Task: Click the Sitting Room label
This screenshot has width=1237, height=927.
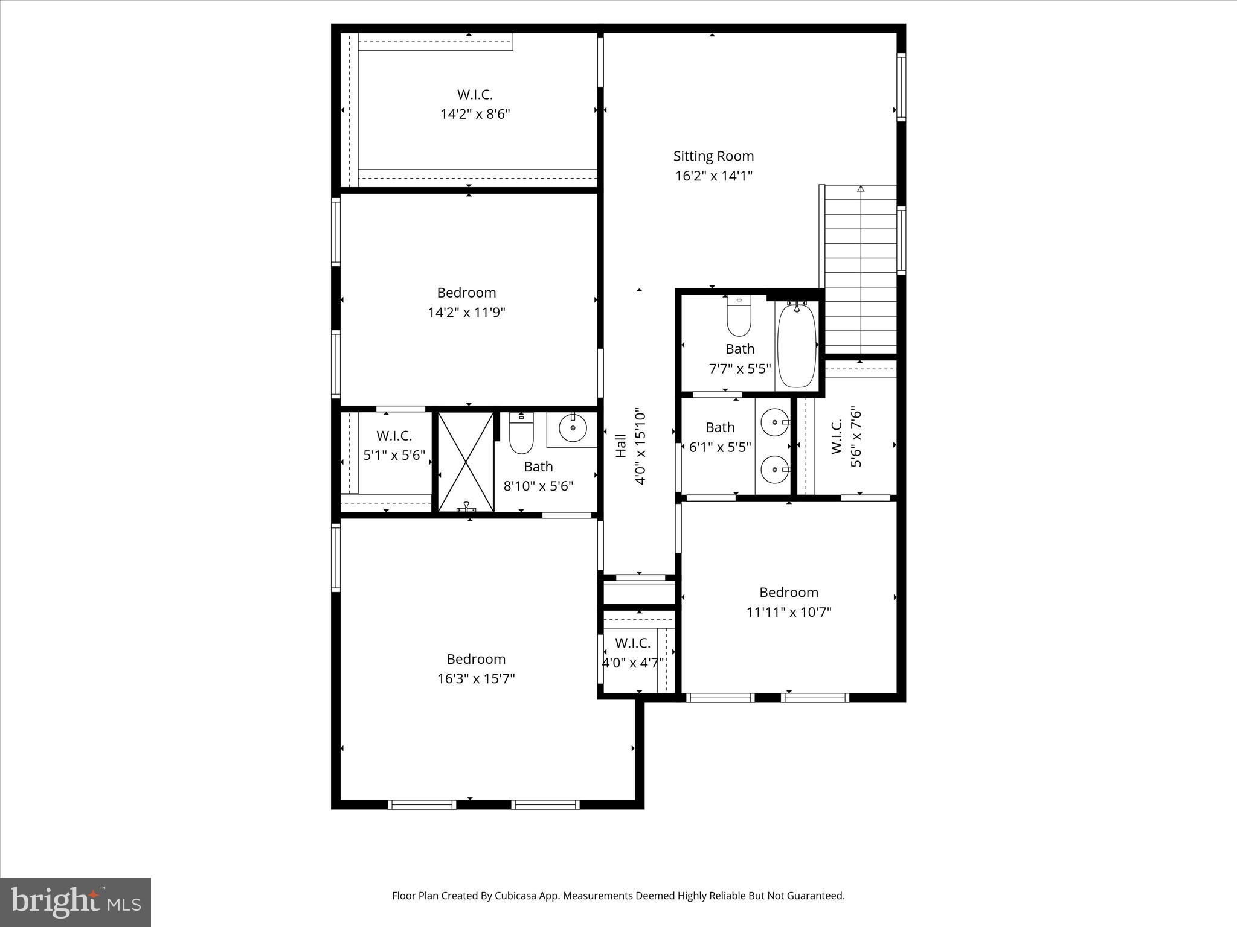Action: point(713,156)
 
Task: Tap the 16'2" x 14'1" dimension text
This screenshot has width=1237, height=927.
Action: point(713,176)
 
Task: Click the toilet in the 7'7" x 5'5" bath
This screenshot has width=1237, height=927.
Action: point(739,316)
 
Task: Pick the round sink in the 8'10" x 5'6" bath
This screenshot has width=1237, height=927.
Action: point(573,429)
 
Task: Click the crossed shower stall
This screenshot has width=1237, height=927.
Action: point(466,462)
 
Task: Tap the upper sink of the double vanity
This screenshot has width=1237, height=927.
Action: point(774,422)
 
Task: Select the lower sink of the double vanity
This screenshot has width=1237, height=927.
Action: point(774,470)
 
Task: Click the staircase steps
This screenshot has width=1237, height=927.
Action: point(861,269)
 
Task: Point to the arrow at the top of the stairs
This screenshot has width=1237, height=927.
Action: point(861,189)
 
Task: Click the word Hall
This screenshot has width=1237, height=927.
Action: point(621,446)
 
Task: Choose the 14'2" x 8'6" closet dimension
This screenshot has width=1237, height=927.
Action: point(475,115)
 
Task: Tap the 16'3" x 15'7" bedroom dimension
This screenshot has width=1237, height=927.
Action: point(476,679)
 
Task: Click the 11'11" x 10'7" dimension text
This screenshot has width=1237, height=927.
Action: point(789,613)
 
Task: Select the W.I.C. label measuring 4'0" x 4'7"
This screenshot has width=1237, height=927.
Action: point(632,643)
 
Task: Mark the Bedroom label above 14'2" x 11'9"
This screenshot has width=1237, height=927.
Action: point(466,293)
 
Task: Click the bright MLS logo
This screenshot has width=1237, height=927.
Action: point(76,902)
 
